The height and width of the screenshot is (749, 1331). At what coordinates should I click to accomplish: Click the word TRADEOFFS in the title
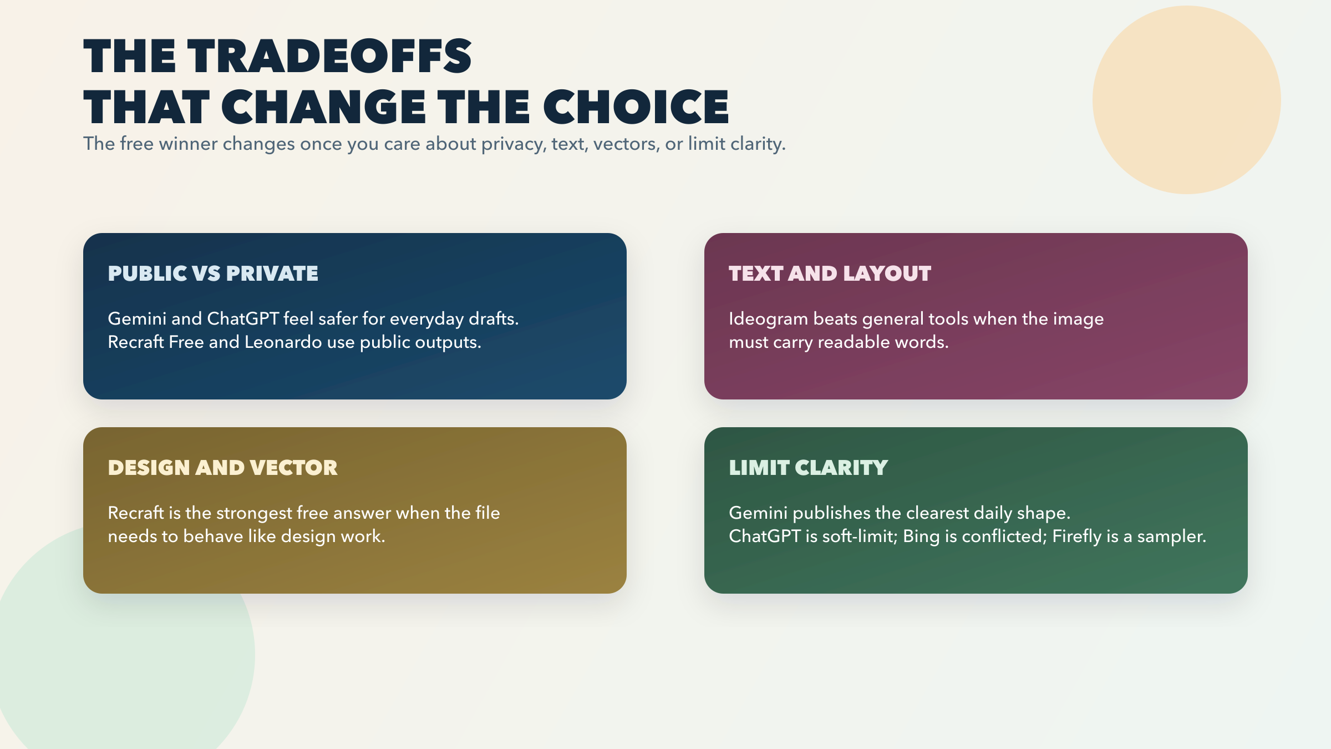pyautogui.click(x=329, y=56)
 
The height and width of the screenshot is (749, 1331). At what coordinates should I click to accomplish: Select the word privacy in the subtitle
pyautogui.click(x=513, y=144)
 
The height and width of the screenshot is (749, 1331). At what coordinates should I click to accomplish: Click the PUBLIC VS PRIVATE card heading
pyautogui.click(x=213, y=274)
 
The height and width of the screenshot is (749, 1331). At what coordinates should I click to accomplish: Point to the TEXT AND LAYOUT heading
pyautogui.click(x=830, y=274)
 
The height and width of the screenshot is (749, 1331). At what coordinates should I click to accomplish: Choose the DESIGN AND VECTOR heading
pyautogui.click(x=222, y=468)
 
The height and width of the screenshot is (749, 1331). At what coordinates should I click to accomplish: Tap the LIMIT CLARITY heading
pyautogui.click(x=808, y=468)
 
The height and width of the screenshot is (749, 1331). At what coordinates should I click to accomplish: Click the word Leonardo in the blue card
pyautogui.click(x=283, y=342)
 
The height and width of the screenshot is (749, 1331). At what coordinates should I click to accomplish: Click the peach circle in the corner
pyautogui.click(x=1186, y=100)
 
